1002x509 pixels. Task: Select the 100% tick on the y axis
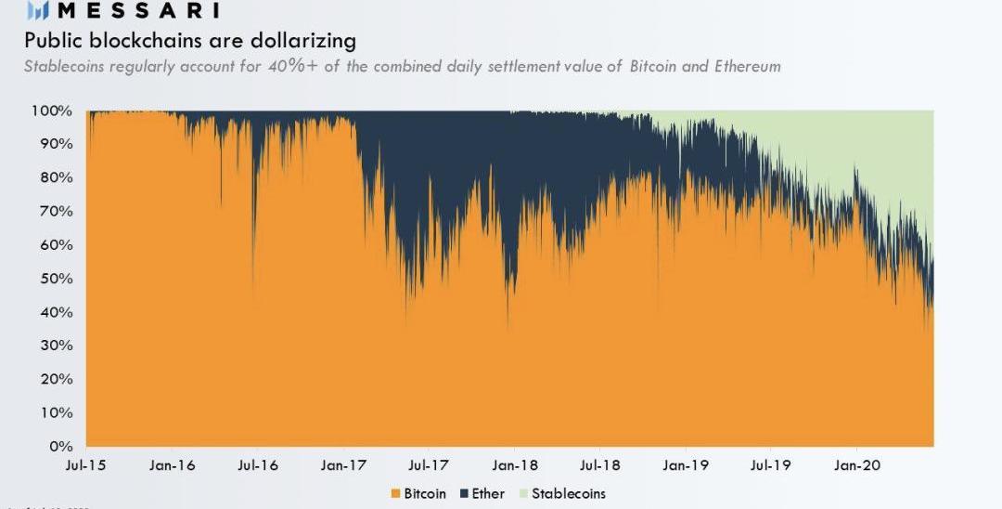(x=53, y=111)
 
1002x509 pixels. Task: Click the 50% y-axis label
(x=56, y=279)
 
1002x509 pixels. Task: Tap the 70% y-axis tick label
(x=56, y=212)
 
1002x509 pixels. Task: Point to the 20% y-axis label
(x=56, y=379)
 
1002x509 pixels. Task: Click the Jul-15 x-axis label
(x=86, y=464)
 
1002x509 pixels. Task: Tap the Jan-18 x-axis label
(x=515, y=464)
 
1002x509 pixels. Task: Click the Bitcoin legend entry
(x=425, y=493)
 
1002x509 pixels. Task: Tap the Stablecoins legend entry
(x=568, y=493)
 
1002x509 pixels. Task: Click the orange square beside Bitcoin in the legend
(x=396, y=493)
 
